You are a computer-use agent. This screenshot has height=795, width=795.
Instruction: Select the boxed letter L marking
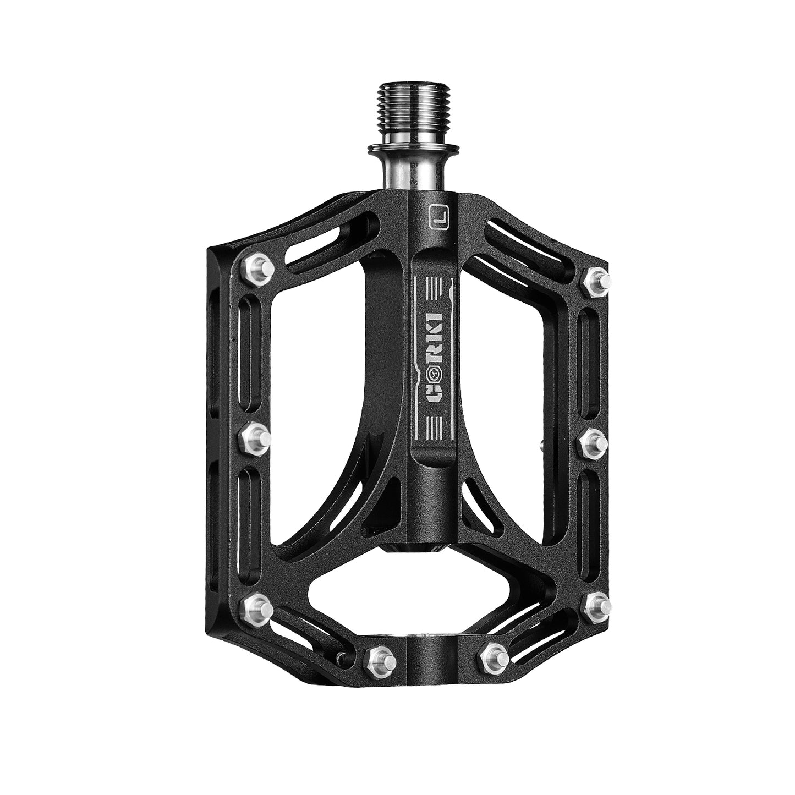click(438, 216)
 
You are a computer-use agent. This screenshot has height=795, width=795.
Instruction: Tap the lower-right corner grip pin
click(596, 605)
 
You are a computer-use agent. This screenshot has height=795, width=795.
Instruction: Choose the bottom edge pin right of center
click(493, 653)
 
